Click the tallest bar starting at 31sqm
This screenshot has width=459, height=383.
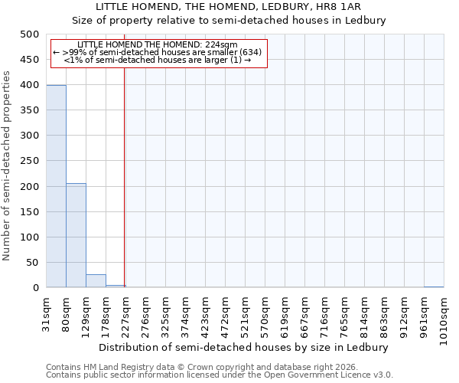56,186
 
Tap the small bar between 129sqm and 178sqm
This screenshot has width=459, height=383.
96,280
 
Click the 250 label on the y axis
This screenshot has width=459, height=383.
30,161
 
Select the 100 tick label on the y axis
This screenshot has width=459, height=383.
30,237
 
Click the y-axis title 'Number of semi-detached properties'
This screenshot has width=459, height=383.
8,165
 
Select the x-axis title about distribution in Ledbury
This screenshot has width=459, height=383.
246,347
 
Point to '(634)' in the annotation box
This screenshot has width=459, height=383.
249,52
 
